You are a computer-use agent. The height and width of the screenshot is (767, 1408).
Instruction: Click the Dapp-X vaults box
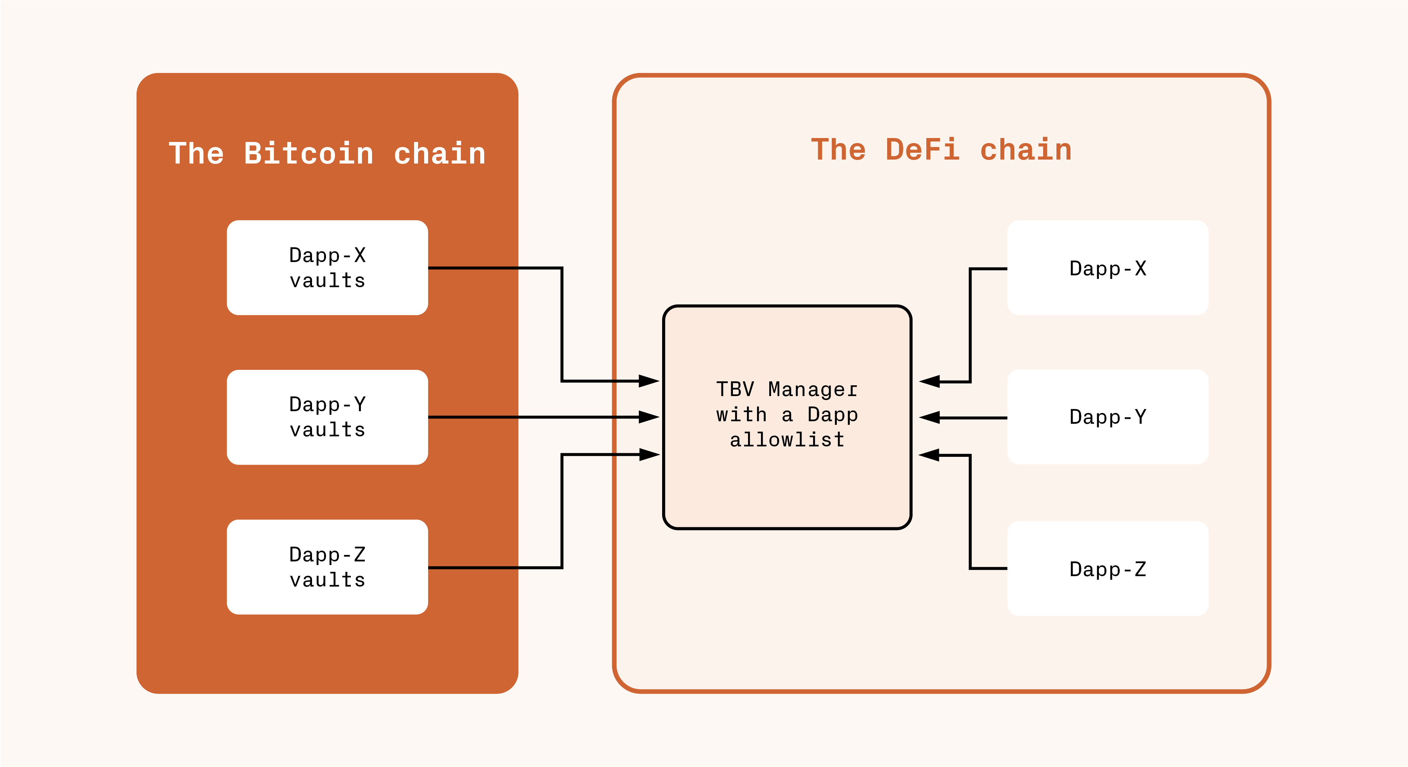pyautogui.click(x=327, y=267)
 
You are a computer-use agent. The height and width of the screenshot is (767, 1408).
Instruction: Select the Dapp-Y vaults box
pyautogui.click(x=327, y=417)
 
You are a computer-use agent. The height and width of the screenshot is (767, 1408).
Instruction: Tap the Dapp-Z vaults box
pyautogui.click(x=327, y=567)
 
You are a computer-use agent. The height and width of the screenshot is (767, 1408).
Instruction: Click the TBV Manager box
pyautogui.click(x=787, y=417)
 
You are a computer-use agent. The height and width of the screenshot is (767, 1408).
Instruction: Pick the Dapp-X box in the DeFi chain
pyautogui.click(x=1108, y=268)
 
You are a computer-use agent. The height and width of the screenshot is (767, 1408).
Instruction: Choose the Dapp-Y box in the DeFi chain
pyautogui.click(x=1108, y=417)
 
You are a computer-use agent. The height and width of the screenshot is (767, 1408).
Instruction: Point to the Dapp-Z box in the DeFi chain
pyautogui.click(x=1108, y=569)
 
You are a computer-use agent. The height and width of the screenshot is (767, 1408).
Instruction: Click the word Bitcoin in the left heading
pyautogui.click(x=309, y=153)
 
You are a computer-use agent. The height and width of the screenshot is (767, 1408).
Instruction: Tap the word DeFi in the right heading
pyautogui.click(x=923, y=150)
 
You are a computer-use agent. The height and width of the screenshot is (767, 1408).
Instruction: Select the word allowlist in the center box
pyautogui.click(x=787, y=440)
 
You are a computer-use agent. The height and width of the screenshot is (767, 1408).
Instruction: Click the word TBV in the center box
pyautogui.click(x=735, y=389)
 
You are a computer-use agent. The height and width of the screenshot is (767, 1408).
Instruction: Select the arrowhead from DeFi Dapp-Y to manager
pyautogui.click(x=929, y=418)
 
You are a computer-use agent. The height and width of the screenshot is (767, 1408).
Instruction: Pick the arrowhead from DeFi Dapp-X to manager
pyautogui.click(x=929, y=382)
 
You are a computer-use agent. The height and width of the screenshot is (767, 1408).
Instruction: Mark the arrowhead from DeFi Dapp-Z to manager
pyautogui.click(x=929, y=455)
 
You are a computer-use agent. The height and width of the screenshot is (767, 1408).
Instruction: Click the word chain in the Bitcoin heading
pyautogui.click(x=440, y=153)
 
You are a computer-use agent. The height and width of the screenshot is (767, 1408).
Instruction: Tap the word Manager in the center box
pyautogui.click(x=813, y=390)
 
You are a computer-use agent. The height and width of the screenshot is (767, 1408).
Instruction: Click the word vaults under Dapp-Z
pyautogui.click(x=327, y=579)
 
